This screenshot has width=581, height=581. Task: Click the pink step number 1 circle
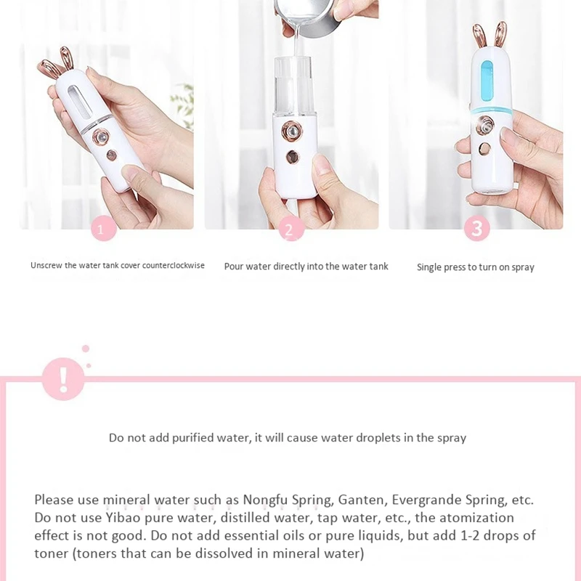coord(105,229)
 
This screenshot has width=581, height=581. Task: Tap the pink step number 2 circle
coord(290,229)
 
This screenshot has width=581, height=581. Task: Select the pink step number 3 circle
coord(477,229)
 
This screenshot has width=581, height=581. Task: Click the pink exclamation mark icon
coord(64,378)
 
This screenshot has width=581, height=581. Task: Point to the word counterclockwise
coord(174,266)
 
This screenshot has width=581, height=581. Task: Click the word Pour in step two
coord(233,267)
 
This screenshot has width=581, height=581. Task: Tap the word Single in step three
coord(429,267)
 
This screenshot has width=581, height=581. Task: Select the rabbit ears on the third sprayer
coord(491,34)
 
